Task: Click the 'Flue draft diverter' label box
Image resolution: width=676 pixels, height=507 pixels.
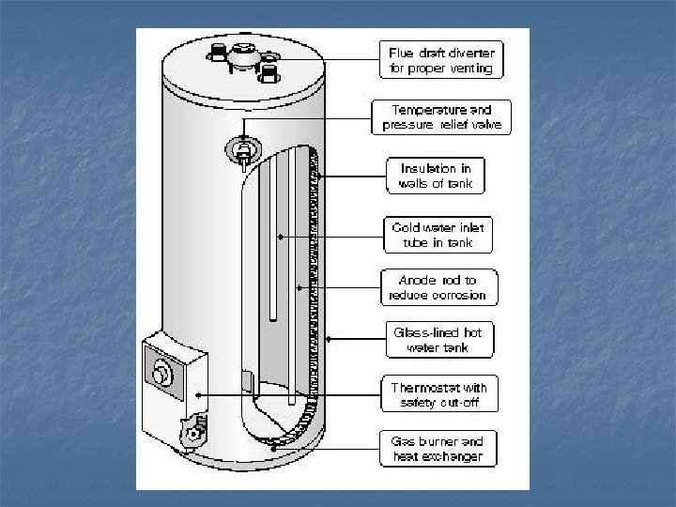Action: [x=441, y=58]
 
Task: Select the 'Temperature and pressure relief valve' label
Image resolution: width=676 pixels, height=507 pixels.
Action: [x=442, y=116]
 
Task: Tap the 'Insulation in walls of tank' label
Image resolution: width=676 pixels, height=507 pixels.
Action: [x=436, y=175]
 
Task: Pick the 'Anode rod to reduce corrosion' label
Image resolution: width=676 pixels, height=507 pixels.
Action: [x=438, y=287]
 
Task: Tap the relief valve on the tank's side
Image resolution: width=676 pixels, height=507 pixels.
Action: [x=242, y=149]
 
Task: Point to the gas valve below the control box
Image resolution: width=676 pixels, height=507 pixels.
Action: [x=194, y=433]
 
